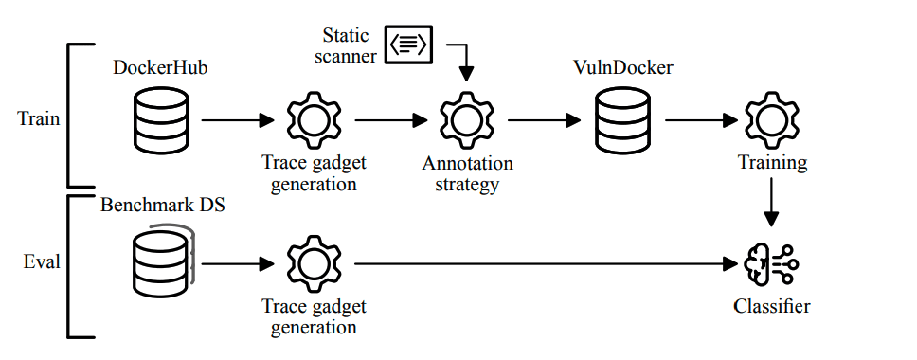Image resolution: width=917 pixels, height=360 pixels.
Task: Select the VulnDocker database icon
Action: tap(621, 119)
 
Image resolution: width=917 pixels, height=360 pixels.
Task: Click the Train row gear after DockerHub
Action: tap(313, 120)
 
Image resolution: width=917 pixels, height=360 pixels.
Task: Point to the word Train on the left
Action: tap(38, 119)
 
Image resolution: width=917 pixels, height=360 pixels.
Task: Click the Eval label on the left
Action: tap(41, 261)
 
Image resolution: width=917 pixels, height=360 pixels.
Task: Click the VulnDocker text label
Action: tap(621, 68)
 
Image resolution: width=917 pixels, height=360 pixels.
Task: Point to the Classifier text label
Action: tap(771, 306)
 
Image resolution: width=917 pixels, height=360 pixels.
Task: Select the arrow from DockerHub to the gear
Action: tap(237, 120)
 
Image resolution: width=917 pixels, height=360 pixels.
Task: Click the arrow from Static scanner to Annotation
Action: tap(462, 62)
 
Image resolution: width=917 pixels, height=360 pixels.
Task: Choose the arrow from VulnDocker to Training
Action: tap(701, 120)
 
